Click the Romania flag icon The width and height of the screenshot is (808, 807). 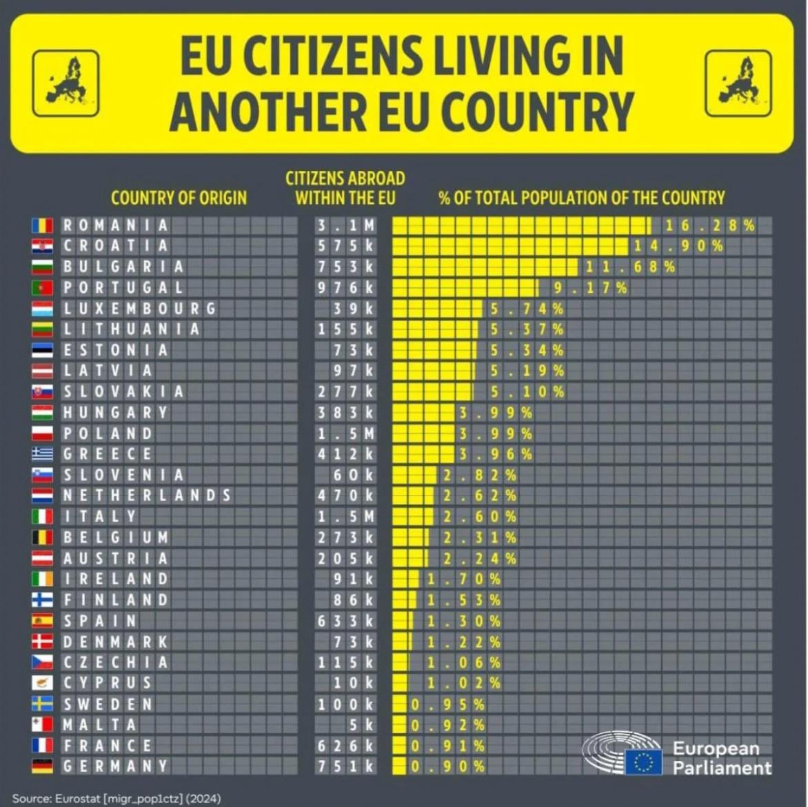[x=42, y=225]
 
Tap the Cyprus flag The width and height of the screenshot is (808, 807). [x=42, y=683]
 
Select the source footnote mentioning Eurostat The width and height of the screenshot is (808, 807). [x=117, y=798]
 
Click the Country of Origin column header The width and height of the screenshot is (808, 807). [x=179, y=198]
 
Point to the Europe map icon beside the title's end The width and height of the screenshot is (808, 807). [x=738, y=83]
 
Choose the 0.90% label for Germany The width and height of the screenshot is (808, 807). [x=447, y=766]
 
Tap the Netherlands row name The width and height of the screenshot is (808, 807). [x=147, y=496]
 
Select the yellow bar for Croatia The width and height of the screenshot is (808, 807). [x=510, y=246]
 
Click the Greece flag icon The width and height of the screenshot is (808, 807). [x=42, y=454]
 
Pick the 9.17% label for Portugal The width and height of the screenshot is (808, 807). [x=589, y=287]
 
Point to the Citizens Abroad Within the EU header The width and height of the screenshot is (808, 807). [x=345, y=188]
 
